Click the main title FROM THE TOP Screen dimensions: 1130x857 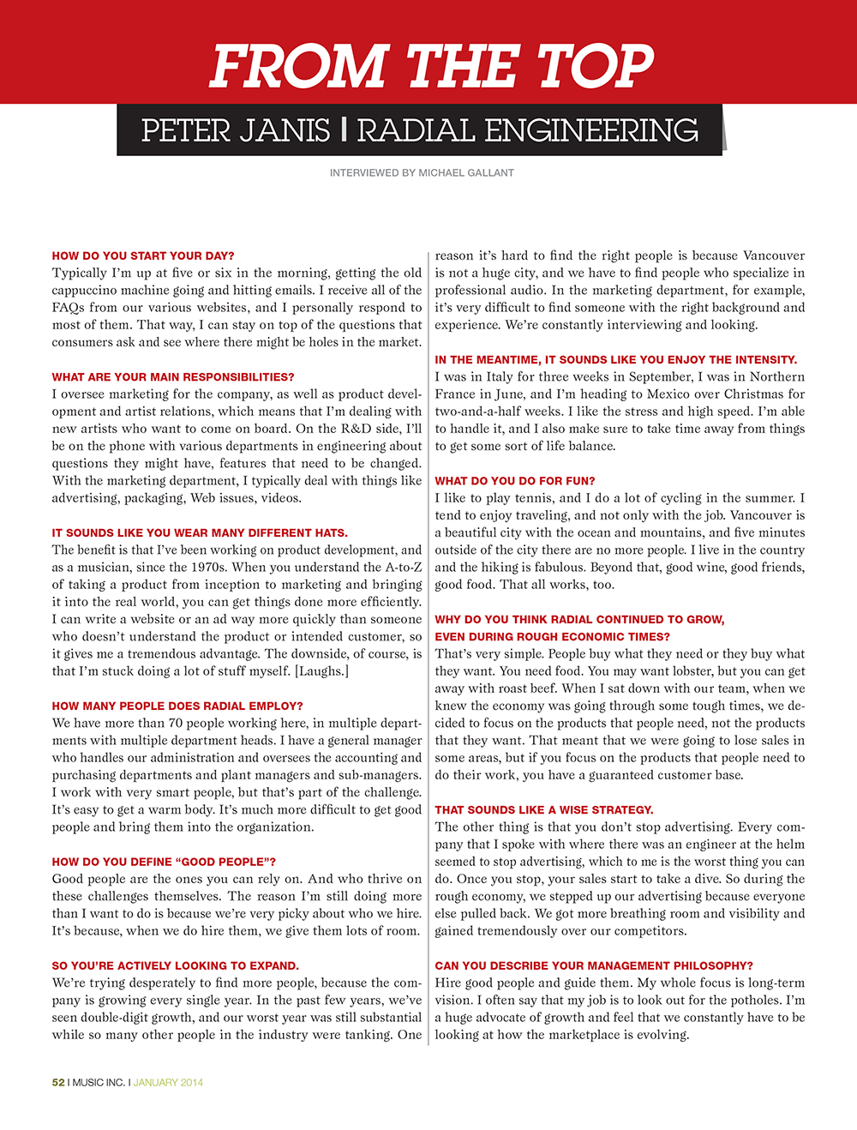(x=431, y=66)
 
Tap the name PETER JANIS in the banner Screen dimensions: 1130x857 (x=236, y=131)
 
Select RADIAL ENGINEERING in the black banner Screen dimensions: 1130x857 (x=527, y=131)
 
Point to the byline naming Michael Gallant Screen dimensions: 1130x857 (x=422, y=173)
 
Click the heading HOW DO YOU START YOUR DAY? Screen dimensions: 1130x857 (x=142, y=255)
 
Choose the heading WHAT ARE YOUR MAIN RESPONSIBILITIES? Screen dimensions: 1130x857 (x=172, y=376)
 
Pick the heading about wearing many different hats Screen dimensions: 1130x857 (x=200, y=532)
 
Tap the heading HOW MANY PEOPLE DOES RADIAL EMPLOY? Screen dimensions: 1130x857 (x=177, y=706)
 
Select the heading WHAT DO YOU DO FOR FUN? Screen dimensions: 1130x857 (x=514, y=481)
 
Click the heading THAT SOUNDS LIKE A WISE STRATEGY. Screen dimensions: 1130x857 (x=543, y=809)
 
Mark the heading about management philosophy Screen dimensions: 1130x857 (x=594, y=965)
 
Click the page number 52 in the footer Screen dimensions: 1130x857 (x=58, y=1082)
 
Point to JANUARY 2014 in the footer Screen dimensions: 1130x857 (x=168, y=1082)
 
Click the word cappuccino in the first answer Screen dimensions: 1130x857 (x=89, y=290)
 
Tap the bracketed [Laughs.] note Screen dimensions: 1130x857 (x=321, y=671)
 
